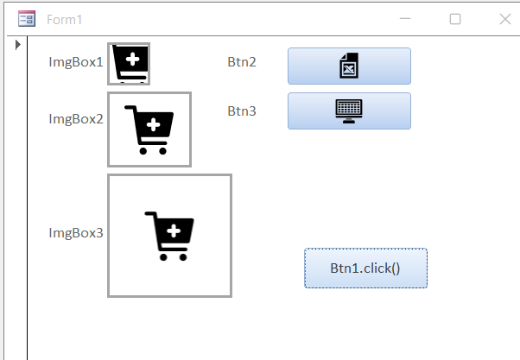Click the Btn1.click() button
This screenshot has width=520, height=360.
tap(365, 268)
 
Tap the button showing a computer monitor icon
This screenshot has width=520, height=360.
tap(349, 111)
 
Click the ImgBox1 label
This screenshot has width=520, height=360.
tap(76, 62)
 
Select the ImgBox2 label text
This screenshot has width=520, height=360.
tap(76, 119)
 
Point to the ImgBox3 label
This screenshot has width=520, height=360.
tap(76, 233)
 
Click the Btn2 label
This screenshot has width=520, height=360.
tap(242, 62)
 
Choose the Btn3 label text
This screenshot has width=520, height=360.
tap(242, 111)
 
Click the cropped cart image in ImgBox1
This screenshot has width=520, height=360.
tap(129, 64)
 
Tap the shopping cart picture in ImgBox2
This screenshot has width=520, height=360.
tap(149, 129)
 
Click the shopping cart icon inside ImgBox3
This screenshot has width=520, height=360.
tap(169, 236)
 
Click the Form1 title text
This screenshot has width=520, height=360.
tap(65, 19)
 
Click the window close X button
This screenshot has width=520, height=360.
tap(505, 19)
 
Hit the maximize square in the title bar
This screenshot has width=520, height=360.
tap(455, 19)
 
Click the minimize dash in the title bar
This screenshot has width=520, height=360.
tap(405, 19)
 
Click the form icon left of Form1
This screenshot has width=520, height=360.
tap(27, 19)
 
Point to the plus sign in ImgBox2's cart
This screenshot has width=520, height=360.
tap(153, 125)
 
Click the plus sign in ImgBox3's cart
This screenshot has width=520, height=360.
tap(173, 231)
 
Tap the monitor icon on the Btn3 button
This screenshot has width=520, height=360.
tap(349, 111)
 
